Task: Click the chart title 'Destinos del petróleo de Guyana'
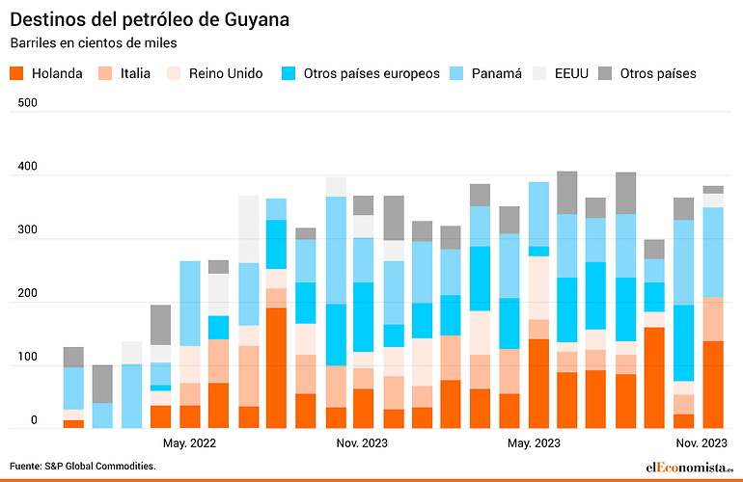pos(150,20)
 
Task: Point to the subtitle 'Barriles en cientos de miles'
pos(94,43)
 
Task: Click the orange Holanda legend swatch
pos(16,73)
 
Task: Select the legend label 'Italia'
pos(135,73)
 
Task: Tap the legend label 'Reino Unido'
pos(226,73)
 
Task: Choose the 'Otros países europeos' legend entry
pos(371,74)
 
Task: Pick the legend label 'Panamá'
pos(497,73)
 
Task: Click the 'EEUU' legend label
pos(571,73)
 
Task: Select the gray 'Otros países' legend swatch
pos(605,73)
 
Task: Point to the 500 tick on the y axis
pos(27,103)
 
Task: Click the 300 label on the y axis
pos(27,229)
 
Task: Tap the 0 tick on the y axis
pos(34,420)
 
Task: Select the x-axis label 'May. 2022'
pos(189,443)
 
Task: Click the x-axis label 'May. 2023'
pos(534,443)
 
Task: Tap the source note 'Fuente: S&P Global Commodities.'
pos(83,466)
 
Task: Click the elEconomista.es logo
pos(690,468)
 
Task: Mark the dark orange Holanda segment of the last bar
pos(713,385)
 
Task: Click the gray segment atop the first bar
pos(73,357)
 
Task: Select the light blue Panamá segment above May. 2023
pos(538,214)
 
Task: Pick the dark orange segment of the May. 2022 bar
pos(190,416)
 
